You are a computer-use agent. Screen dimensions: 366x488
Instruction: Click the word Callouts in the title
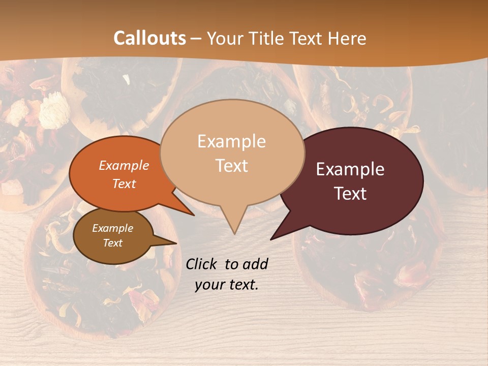[149, 38]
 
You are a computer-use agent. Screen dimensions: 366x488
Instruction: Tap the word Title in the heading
[269, 38]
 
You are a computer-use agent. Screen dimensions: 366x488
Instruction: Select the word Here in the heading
[347, 38]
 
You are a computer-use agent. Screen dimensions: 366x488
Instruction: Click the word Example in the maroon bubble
[350, 169]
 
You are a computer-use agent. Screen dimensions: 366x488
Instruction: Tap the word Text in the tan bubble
[232, 166]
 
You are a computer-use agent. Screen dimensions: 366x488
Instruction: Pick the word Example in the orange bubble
[124, 165]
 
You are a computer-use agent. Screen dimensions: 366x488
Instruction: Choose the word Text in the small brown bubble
[113, 243]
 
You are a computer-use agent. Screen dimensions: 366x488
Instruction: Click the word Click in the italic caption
[201, 264]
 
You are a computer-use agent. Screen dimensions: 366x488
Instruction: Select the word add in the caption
[255, 264]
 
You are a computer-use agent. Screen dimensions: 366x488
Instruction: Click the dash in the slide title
[197, 38]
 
